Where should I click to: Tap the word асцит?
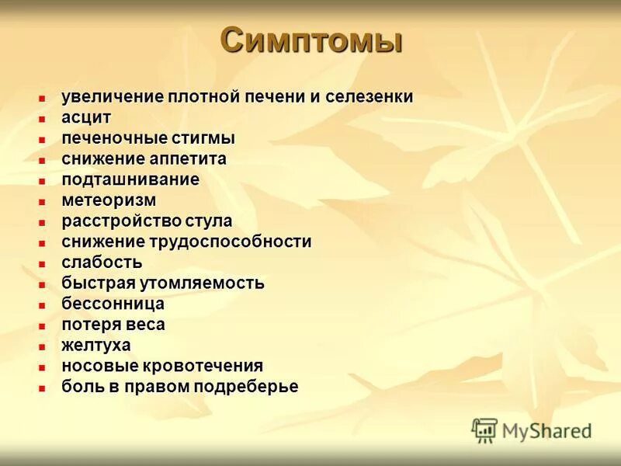click(x=87, y=118)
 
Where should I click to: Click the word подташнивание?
click(x=130, y=179)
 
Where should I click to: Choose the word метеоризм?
click(x=109, y=200)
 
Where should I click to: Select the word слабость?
click(x=102, y=263)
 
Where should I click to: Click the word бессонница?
click(x=113, y=304)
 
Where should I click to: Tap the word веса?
click(x=144, y=325)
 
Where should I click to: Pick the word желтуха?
click(x=96, y=345)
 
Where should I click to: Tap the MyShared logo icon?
click(x=484, y=430)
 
